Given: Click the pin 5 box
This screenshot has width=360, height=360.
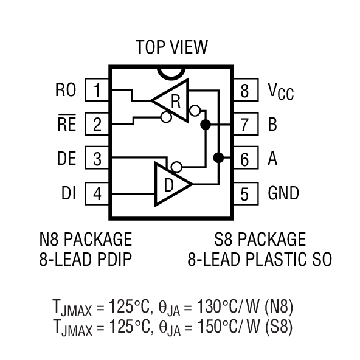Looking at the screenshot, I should (244, 194).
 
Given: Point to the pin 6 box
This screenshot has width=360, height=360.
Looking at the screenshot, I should (244, 159).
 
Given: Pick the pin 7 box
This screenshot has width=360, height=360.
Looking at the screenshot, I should (244, 125).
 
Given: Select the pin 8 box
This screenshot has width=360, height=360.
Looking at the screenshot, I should (244, 91).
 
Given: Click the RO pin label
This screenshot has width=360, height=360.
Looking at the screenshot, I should (66, 91).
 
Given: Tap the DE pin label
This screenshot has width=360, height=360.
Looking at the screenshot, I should (66, 159).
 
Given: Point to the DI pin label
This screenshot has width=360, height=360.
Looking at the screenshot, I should (68, 194).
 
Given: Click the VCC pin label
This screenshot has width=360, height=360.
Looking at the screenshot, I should (280, 92).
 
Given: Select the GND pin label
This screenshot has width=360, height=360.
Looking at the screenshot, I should (283, 194).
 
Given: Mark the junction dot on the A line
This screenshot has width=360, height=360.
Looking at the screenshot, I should (218, 159).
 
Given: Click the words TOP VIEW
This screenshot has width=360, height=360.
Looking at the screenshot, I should (171, 47).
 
